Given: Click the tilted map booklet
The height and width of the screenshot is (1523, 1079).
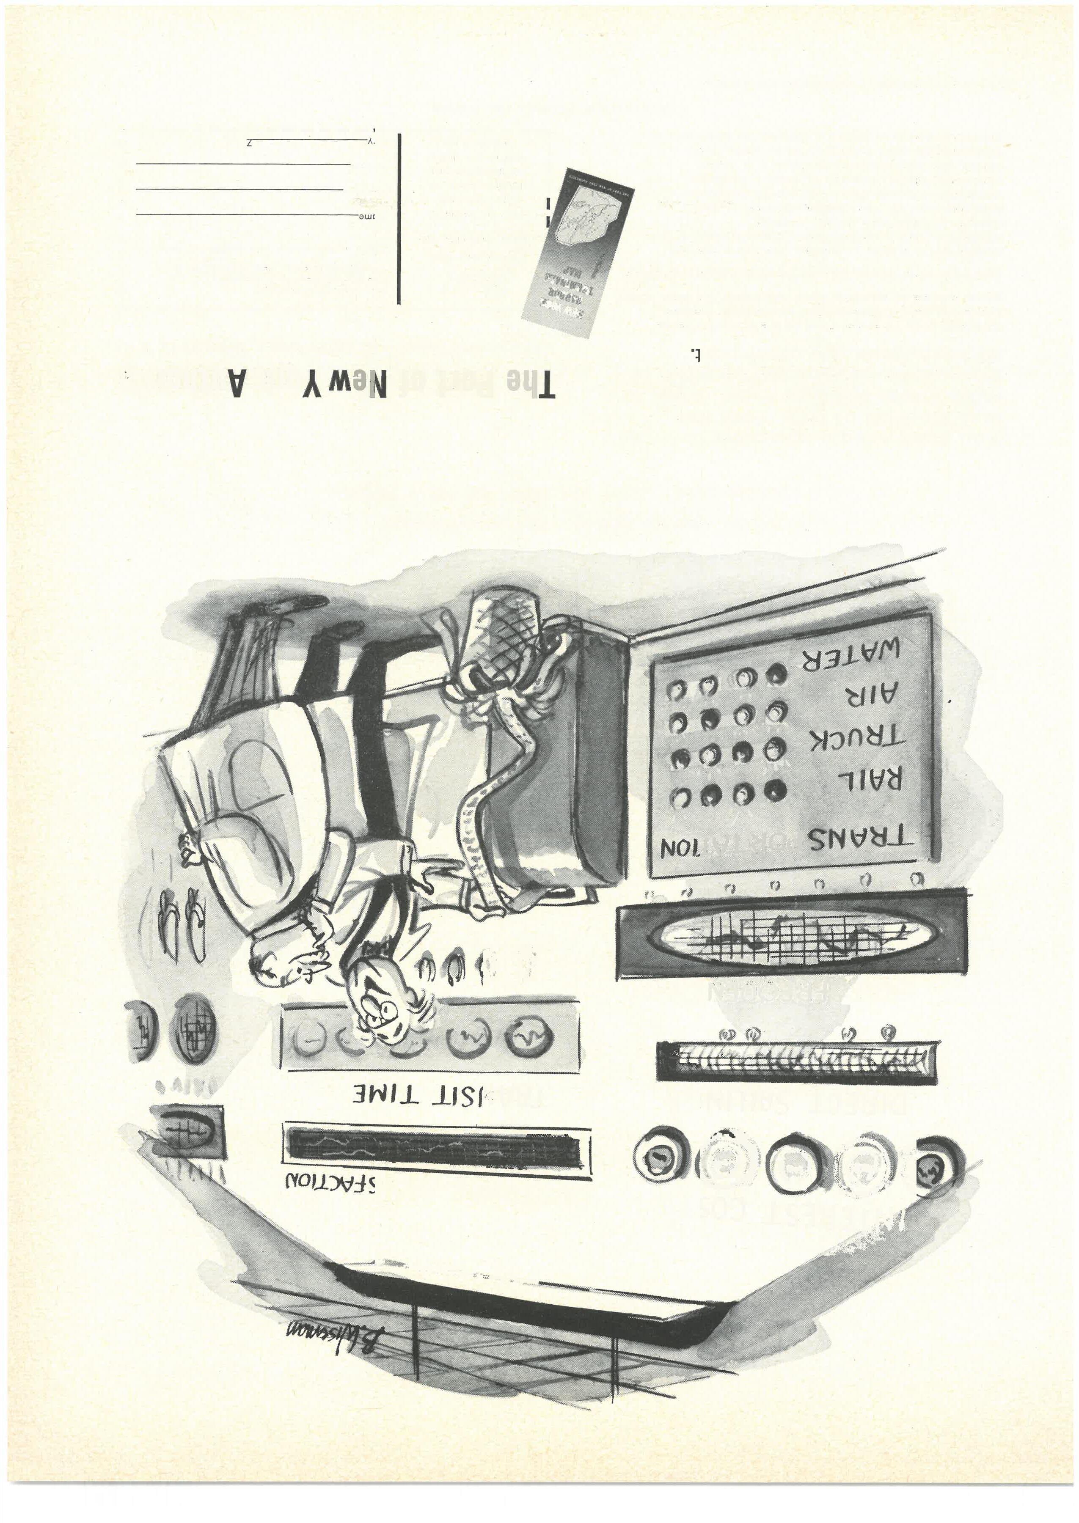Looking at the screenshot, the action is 577,253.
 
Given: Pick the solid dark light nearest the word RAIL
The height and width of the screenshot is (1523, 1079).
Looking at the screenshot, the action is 775,790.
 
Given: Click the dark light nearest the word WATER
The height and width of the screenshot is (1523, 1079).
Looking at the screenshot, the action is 775,675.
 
